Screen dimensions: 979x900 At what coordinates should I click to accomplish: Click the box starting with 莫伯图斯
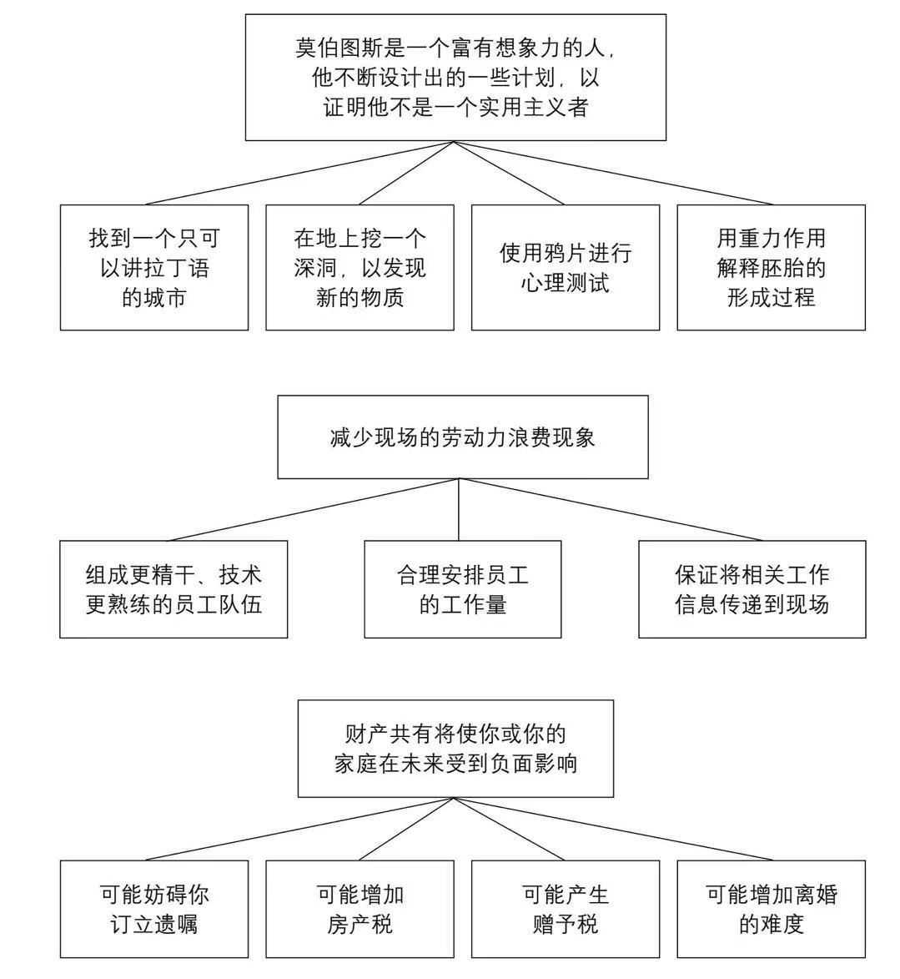pyautogui.click(x=455, y=77)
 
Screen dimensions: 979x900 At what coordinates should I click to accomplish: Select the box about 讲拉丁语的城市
pyautogui.click(x=154, y=267)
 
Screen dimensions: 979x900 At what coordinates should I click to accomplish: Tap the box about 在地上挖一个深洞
pyautogui.click(x=359, y=267)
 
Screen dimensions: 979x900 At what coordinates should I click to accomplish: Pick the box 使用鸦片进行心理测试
pyautogui.click(x=565, y=267)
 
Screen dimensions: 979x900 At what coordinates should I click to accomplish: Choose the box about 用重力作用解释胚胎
pyautogui.click(x=771, y=267)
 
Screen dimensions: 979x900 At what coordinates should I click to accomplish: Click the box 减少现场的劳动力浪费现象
pyautogui.click(x=462, y=437)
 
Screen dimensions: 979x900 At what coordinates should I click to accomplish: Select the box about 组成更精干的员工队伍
pyautogui.click(x=173, y=589)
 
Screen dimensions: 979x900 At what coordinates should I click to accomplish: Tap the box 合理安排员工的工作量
pyautogui.click(x=462, y=589)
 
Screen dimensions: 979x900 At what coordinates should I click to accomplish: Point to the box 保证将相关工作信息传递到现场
pyautogui.click(x=752, y=589)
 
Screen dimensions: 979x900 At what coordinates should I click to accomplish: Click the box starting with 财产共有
pyautogui.click(x=455, y=749)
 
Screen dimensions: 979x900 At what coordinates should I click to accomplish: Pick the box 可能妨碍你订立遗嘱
pyautogui.click(x=154, y=909)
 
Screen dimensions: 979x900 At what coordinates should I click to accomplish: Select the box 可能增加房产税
pyautogui.click(x=359, y=909)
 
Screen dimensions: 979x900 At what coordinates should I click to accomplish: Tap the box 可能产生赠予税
pyautogui.click(x=565, y=909)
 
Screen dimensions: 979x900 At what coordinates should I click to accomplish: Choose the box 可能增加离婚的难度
pyautogui.click(x=771, y=909)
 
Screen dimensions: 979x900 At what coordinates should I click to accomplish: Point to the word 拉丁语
pyautogui.click(x=177, y=268)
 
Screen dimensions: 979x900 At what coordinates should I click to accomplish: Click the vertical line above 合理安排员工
pyautogui.click(x=460, y=509)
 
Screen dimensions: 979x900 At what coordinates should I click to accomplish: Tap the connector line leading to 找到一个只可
pyautogui.click(x=300, y=173)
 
